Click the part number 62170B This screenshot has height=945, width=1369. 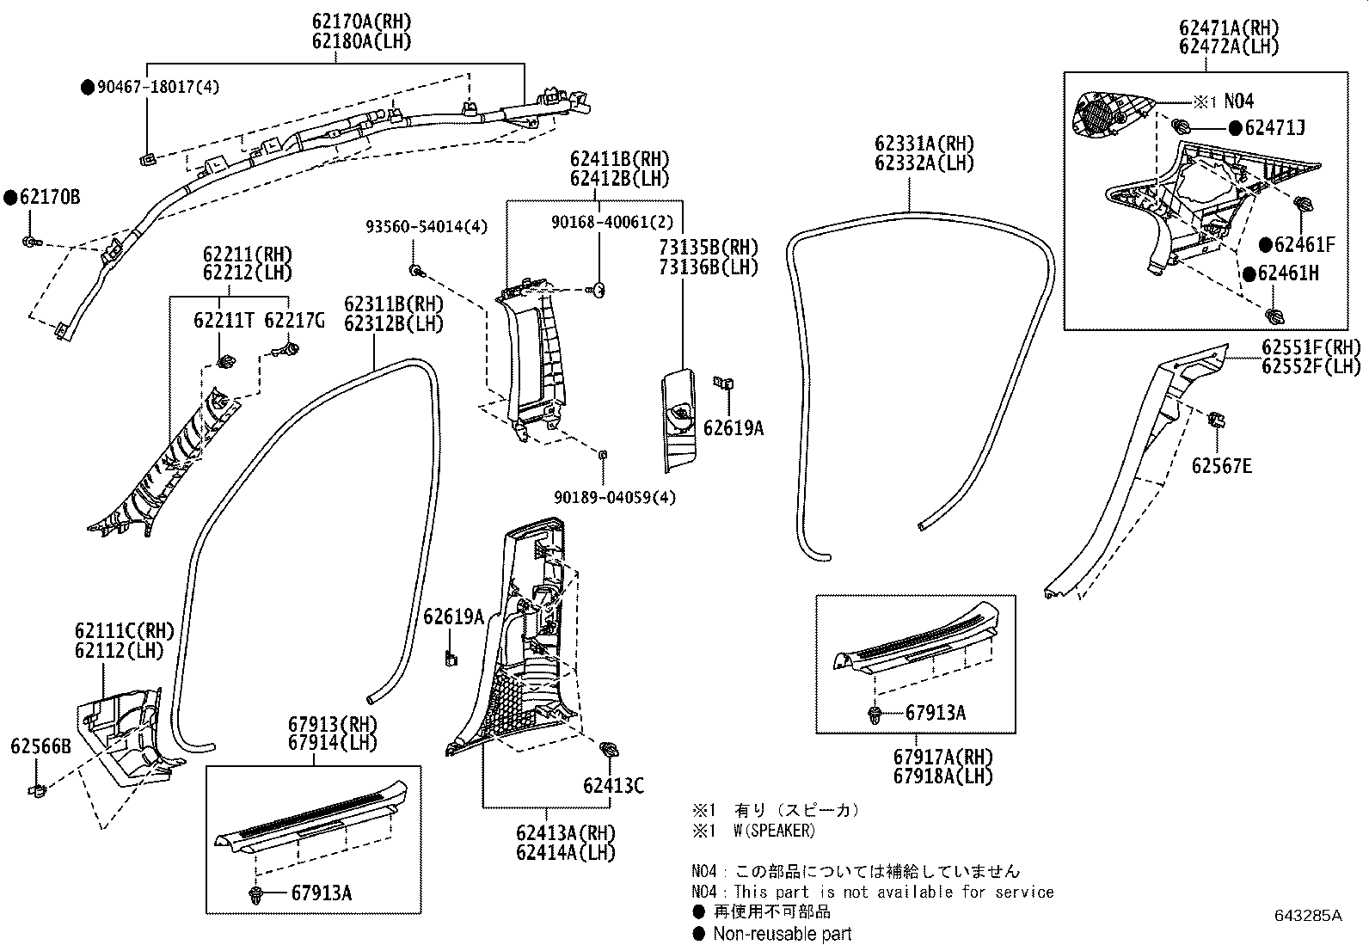pyautogui.click(x=50, y=198)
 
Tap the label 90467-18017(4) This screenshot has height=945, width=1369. pyautogui.click(x=157, y=87)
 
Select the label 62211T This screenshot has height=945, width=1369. pyautogui.click(x=223, y=320)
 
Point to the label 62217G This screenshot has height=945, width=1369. pyautogui.click(x=294, y=320)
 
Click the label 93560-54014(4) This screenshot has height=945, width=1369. pyautogui.click(x=427, y=227)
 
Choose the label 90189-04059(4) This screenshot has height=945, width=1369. pyautogui.click(x=615, y=498)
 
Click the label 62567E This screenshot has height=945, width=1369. pyautogui.click(x=1222, y=466)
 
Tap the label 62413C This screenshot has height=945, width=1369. pyautogui.click(x=614, y=785)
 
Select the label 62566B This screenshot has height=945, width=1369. pyautogui.click(x=41, y=746)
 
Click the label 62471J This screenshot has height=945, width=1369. pyautogui.click(x=1275, y=128)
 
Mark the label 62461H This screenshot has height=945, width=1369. pyautogui.click(x=1288, y=273)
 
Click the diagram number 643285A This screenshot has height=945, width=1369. pyautogui.click(x=1308, y=916)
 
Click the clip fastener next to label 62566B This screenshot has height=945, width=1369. pyautogui.click(x=37, y=790)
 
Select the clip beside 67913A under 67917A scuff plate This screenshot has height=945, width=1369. pyautogui.click(x=875, y=714)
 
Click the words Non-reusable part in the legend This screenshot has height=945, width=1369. pyautogui.click(x=783, y=933)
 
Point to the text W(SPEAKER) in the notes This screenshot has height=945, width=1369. pyautogui.click(x=774, y=831)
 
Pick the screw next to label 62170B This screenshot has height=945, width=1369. pyautogui.click(x=29, y=242)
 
